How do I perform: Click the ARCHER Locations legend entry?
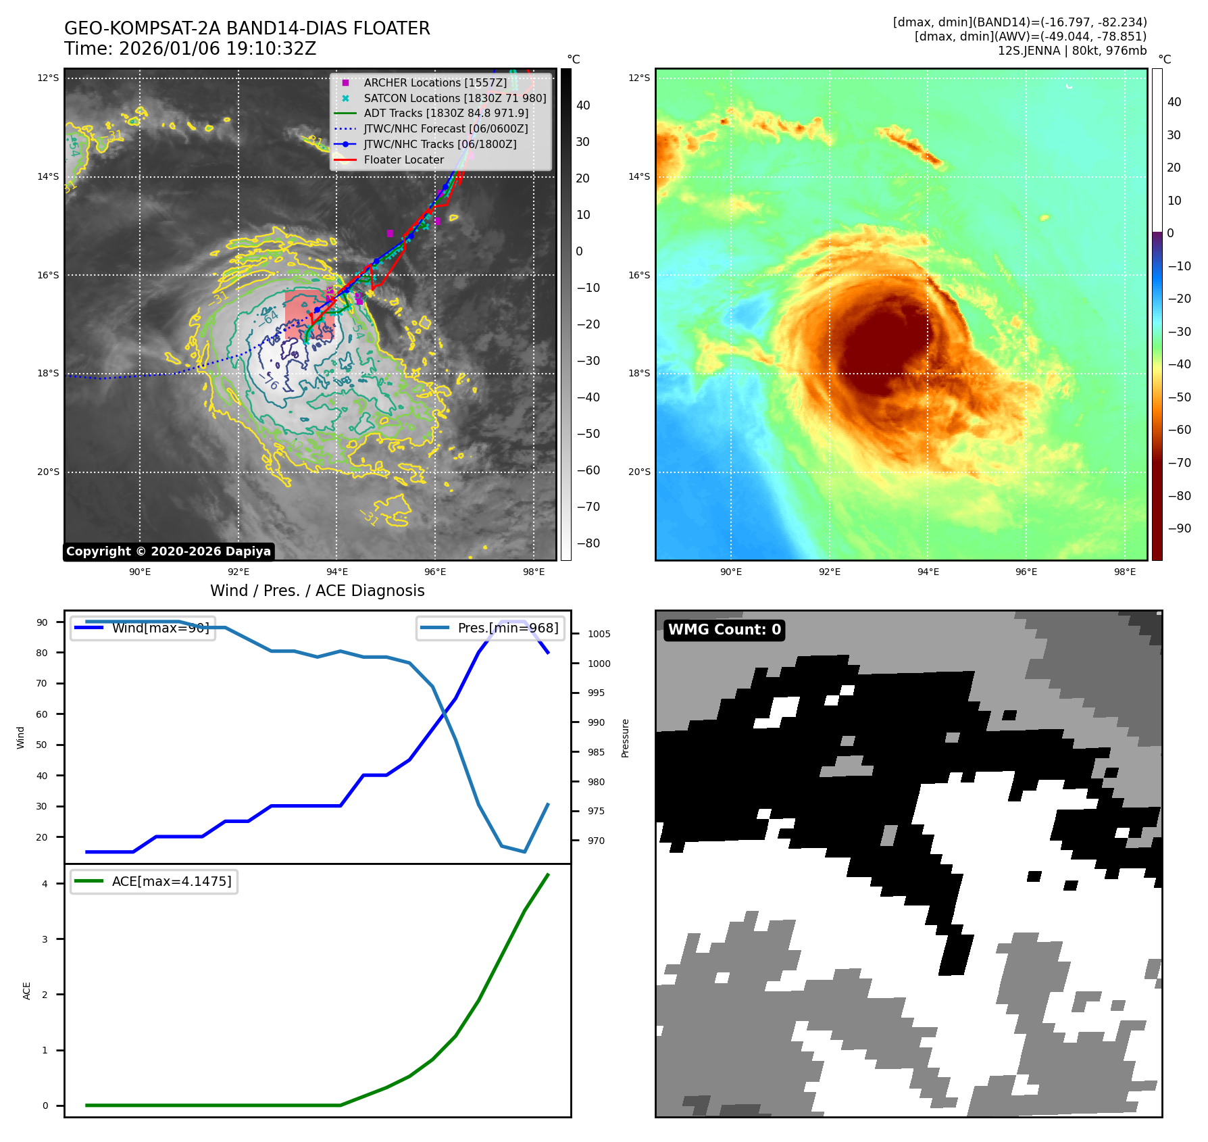point(435,82)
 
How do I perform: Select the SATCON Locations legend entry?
point(455,98)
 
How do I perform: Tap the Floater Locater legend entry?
point(403,159)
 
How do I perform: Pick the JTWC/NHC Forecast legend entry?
point(446,128)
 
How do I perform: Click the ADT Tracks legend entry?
point(446,113)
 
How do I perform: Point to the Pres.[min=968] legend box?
point(490,628)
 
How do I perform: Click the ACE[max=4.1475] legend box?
point(154,881)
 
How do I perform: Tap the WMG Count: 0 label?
point(724,630)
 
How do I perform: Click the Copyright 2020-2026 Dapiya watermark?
point(168,551)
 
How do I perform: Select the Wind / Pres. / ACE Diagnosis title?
point(318,591)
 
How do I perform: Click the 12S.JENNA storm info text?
point(1072,51)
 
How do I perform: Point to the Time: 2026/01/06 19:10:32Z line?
point(191,49)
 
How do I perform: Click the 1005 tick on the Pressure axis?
point(599,634)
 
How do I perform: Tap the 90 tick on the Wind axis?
point(42,622)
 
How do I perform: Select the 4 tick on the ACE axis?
point(45,884)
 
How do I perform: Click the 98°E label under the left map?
point(534,572)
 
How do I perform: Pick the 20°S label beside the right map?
point(639,472)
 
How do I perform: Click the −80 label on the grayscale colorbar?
point(588,543)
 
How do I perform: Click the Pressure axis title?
point(626,738)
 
